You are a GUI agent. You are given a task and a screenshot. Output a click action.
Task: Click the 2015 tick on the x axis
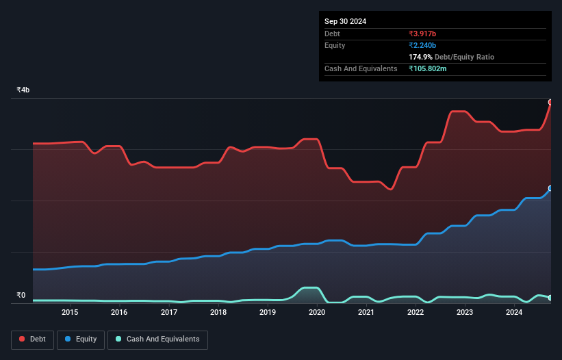70,312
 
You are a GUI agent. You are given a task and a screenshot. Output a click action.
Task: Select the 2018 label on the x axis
218,312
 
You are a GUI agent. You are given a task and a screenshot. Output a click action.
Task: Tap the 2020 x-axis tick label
317,312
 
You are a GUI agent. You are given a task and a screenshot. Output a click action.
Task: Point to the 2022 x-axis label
416,312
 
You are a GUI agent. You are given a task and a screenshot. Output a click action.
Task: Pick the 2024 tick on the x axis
514,312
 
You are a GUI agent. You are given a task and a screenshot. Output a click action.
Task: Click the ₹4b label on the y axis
23,90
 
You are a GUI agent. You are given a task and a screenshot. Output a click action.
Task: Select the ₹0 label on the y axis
21,296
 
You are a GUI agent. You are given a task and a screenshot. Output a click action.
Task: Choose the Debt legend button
32,339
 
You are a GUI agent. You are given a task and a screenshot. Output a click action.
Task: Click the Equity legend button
81,339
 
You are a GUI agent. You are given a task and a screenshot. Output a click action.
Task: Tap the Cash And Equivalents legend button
157,339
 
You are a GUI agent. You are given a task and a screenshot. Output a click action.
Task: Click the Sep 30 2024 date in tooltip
345,21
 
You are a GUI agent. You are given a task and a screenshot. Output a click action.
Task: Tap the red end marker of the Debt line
550,102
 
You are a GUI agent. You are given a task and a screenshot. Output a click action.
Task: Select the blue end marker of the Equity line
550,188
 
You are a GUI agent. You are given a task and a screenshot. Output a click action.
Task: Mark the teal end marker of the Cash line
550,298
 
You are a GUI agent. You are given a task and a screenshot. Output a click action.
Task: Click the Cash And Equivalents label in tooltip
361,68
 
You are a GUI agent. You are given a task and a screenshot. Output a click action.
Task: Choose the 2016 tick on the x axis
119,312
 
